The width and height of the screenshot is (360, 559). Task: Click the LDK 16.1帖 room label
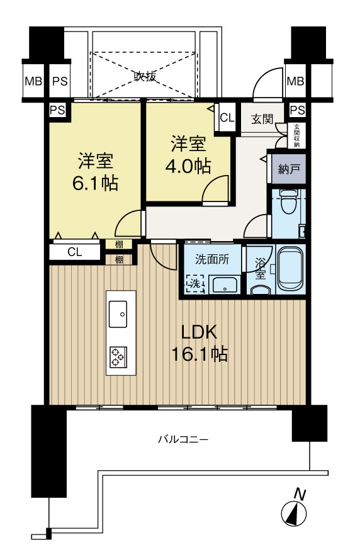point(200,343)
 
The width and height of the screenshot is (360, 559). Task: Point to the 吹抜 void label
point(144,77)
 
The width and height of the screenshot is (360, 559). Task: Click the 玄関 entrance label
point(261,119)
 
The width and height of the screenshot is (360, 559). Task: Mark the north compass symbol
point(294,512)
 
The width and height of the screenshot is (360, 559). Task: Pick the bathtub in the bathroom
point(290,268)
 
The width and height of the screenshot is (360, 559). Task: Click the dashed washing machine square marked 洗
point(194,284)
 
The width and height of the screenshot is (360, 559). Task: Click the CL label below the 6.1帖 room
point(74,252)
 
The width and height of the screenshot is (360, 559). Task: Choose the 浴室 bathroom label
point(259,266)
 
